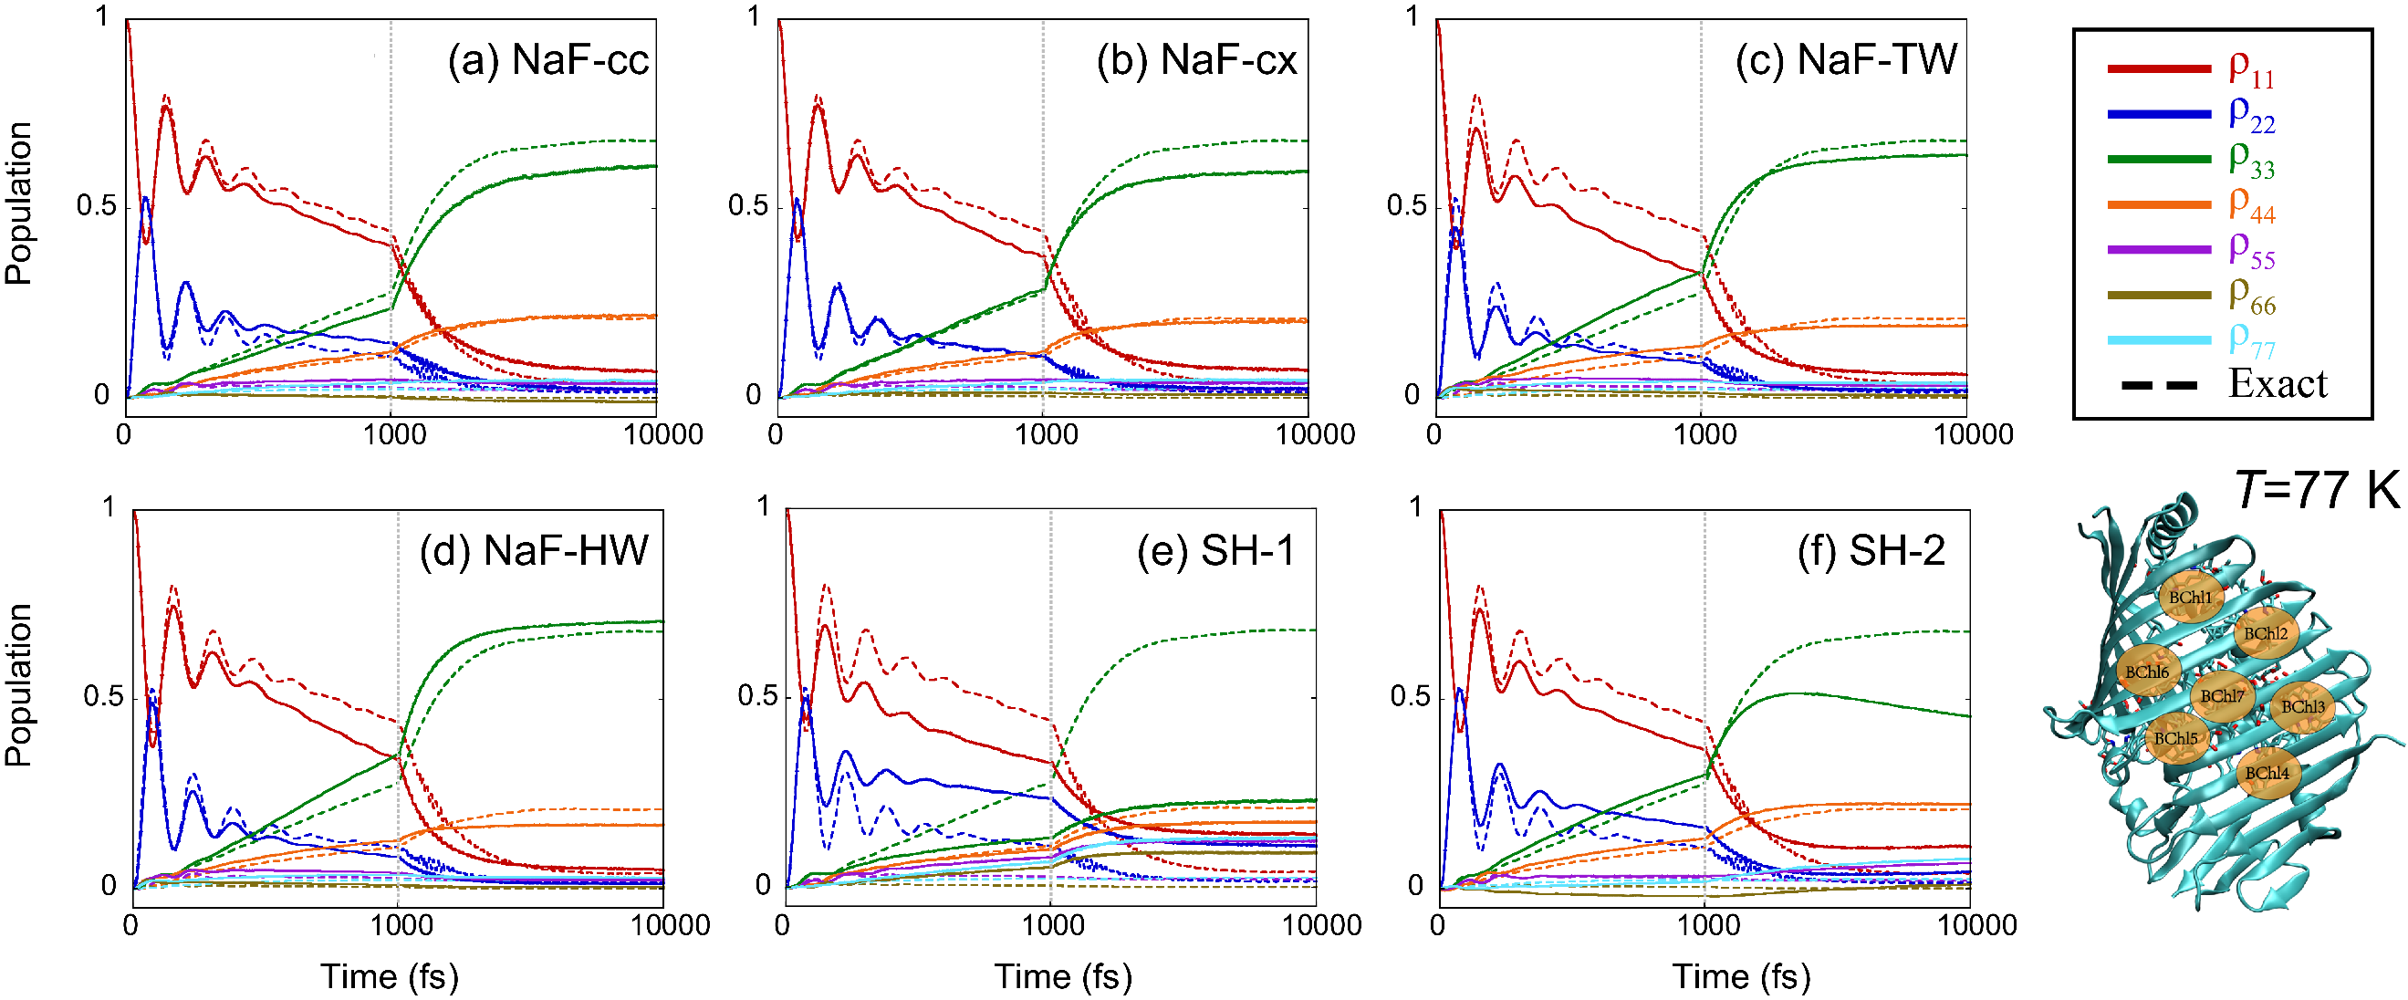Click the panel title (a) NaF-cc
547,61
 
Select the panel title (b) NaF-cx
1196,61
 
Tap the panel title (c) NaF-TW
1846,61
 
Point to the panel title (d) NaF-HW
534,550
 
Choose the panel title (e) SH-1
1215,550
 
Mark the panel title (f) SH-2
1871,550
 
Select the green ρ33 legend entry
2251,158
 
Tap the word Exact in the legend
2278,384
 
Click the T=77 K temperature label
2317,490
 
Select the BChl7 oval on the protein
2221,696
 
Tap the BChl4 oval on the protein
2267,773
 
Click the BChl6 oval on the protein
2146,672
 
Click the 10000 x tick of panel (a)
663,434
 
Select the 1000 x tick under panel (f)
1708,925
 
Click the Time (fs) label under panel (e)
1063,976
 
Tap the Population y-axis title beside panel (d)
18,685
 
